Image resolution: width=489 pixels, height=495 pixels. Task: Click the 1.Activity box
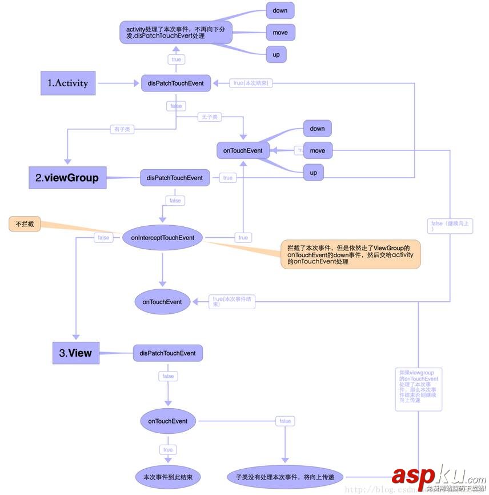point(68,83)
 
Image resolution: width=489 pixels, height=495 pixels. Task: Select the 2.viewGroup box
point(67,178)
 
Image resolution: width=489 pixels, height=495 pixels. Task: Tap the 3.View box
point(75,353)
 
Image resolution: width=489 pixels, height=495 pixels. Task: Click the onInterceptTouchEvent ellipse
point(163,238)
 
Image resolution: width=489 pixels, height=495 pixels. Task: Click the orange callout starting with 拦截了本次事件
point(351,254)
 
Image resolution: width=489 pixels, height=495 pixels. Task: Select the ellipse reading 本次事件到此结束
point(168,476)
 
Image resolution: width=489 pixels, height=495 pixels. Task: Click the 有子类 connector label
point(122,129)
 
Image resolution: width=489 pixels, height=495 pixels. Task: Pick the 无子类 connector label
point(209,117)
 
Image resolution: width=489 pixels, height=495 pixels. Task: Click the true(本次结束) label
point(251,83)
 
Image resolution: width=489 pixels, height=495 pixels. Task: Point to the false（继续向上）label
point(450,226)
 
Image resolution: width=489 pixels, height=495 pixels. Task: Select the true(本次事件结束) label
point(233,302)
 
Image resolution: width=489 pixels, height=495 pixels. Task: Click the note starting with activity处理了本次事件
point(176,31)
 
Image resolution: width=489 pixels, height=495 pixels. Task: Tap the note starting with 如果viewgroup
point(419,389)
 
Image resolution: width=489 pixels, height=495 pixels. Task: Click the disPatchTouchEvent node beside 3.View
point(167,353)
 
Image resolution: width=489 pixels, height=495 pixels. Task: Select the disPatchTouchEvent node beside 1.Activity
point(175,83)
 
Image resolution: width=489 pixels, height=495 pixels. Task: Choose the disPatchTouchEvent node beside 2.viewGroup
point(175,178)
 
